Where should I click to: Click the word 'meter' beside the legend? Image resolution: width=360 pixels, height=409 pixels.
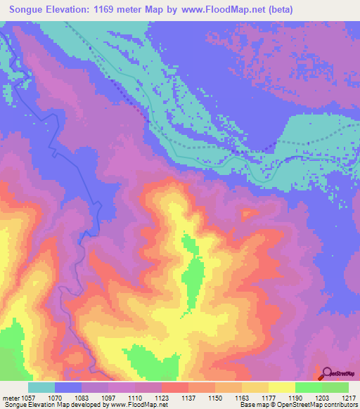coord(11,398)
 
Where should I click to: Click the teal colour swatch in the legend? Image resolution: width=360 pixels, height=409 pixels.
coord(41,387)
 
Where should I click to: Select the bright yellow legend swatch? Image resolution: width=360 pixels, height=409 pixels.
coord(281,387)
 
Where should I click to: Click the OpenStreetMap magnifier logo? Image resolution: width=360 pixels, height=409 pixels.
coord(327,372)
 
